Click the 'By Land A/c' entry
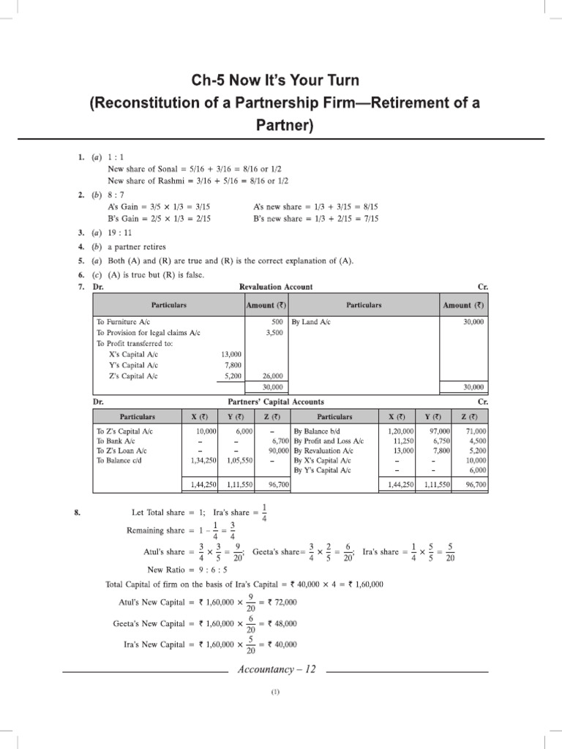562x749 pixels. click(x=311, y=321)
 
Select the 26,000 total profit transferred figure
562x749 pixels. click(x=272, y=376)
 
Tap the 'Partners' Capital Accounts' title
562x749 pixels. click(x=277, y=402)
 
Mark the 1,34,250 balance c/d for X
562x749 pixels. click(x=201, y=462)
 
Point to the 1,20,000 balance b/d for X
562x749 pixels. click(x=400, y=432)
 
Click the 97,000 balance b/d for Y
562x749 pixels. click(x=439, y=432)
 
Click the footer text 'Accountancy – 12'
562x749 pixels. click(x=277, y=670)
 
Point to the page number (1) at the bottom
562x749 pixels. click(x=276, y=691)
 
